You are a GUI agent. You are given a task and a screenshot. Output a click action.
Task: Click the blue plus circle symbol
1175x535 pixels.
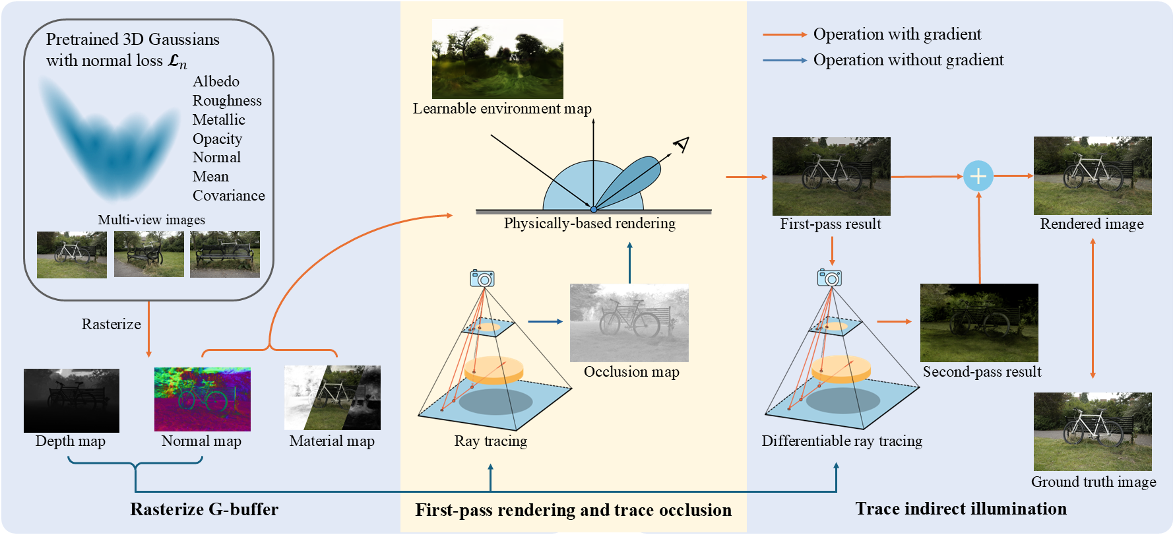tap(978, 176)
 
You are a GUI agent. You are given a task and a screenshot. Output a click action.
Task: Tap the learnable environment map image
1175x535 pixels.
tap(497, 59)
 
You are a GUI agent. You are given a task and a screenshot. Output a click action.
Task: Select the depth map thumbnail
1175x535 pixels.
tap(71, 400)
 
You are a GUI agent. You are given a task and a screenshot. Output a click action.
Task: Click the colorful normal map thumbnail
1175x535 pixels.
tap(202, 399)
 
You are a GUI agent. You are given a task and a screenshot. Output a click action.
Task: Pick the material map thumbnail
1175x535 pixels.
tap(332, 398)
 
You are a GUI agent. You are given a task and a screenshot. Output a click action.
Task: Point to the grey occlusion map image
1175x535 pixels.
tap(629, 323)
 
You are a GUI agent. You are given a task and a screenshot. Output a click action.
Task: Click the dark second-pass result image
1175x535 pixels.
tap(979, 323)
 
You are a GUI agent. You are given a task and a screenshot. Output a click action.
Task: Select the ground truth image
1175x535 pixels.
tap(1092, 431)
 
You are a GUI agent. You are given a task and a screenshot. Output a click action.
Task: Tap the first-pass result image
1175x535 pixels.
tap(831, 176)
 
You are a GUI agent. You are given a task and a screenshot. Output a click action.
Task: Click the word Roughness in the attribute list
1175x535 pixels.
tap(227, 101)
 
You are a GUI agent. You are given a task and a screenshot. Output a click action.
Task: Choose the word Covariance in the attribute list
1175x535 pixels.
tap(228, 196)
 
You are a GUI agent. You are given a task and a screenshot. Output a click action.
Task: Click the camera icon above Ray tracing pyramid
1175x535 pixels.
tap(482, 278)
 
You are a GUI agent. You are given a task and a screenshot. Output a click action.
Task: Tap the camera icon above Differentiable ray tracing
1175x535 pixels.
tap(829, 278)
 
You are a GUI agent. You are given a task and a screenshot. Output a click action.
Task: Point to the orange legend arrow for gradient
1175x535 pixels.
tap(784, 34)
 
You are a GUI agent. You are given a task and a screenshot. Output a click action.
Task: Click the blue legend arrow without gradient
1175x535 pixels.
tap(784, 60)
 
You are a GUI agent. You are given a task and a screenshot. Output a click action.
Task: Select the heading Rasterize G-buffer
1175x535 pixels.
tap(204, 509)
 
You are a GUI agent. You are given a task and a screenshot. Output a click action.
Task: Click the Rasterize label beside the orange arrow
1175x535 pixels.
tap(111, 325)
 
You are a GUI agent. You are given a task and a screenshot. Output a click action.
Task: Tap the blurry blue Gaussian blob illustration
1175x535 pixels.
tap(109, 139)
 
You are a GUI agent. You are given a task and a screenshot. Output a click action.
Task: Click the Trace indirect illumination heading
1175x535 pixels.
tap(961, 509)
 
